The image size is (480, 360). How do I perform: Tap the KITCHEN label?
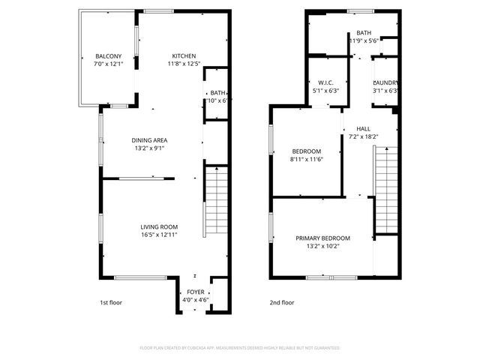[184, 56]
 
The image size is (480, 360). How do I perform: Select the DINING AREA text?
[149, 140]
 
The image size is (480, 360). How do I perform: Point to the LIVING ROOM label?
[159, 227]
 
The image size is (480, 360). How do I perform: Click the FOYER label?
[195, 292]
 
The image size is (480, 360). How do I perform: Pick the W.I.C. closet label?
[325, 82]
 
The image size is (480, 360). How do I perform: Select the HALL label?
[363, 128]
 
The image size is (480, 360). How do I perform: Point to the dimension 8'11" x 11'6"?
[305, 159]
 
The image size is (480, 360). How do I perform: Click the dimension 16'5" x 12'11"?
[159, 235]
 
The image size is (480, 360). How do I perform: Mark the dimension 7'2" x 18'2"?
[364, 136]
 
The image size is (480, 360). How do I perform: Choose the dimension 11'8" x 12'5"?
[184, 64]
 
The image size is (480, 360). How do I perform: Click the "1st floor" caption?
[111, 303]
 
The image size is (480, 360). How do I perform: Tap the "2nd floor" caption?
[282, 303]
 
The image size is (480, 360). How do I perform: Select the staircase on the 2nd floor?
[385, 187]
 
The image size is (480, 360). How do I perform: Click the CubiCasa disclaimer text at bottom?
[240, 348]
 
